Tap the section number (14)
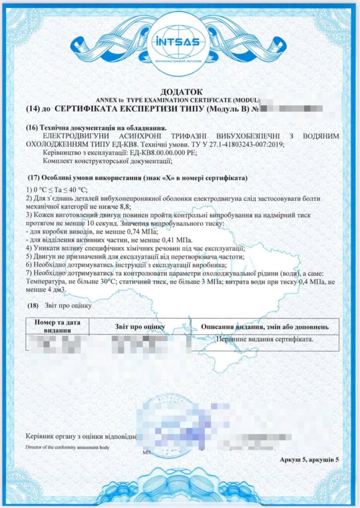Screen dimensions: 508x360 point(34,108)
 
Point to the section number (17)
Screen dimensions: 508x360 point(35,177)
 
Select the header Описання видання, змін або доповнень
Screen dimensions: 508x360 point(264,327)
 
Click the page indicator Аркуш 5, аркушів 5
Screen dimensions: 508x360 point(309,460)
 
